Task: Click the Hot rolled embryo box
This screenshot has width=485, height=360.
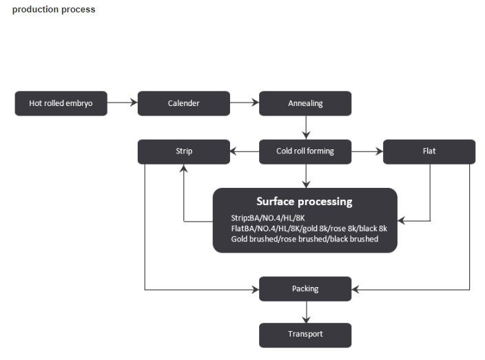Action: pos(61,103)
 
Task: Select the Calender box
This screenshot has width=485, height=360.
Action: pos(183,103)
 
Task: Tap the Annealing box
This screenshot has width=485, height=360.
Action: pos(305,103)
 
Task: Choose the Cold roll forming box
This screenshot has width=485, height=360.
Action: pos(305,151)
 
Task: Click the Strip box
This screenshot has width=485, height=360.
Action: pos(184,151)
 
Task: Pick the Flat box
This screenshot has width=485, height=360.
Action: pos(429,151)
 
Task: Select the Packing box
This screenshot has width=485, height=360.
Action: pos(305,288)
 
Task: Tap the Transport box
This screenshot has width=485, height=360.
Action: pos(305,335)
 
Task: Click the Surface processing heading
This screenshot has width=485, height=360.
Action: pos(305,202)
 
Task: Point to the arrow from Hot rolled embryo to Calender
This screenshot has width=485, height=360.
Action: pos(123,103)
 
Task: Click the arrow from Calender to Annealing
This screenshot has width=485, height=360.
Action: pos(245,103)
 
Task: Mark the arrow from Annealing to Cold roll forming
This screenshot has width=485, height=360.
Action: pos(305,127)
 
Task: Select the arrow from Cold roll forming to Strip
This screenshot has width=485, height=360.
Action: pos(245,151)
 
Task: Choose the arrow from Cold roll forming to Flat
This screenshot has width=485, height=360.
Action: pos(367,151)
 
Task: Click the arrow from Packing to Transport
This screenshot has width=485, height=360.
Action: pos(305,312)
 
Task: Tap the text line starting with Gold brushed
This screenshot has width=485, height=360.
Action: pos(305,239)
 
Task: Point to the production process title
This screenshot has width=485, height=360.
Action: pos(54,10)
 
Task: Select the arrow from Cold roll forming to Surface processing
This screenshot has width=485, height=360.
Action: pos(305,176)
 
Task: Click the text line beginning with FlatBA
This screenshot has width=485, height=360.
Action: pos(309,229)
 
